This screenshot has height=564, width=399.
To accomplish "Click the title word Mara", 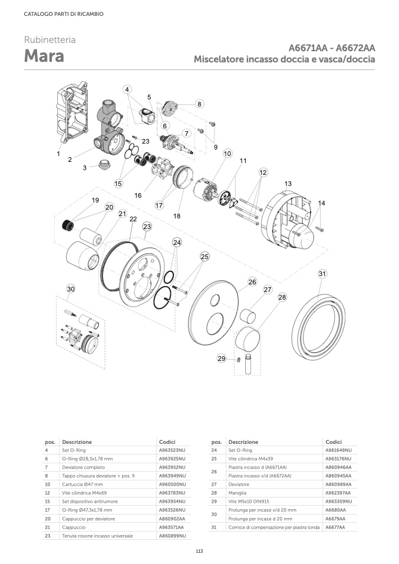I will pyautogui.click(x=44, y=57).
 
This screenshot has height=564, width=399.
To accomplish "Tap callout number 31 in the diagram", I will pyautogui.click(x=322, y=274).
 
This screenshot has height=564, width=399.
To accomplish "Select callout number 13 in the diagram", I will pyautogui.click(x=288, y=184).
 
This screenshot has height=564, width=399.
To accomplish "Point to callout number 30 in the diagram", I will pyautogui.click(x=71, y=289).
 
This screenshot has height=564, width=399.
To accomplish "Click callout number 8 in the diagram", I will pyautogui.click(x=199, y=104).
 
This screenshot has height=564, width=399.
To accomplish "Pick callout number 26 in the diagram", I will pyautogui.click(x=252, y=282).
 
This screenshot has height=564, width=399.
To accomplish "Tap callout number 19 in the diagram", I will pyautogui.click(x=95, y=200).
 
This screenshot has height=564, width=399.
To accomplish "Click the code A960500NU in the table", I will pyautogui.click(x=172, y=484).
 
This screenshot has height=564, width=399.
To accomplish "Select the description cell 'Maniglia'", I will pyautogui.click(x=238, y=492).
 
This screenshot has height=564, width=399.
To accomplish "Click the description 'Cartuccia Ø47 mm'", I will pyautogui.click(x=82, y=484).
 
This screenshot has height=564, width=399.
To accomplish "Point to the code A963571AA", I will pyautogui.click(x=172, y=527).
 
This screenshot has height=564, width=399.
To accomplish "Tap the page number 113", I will pyautogui.click(x=199, y=551).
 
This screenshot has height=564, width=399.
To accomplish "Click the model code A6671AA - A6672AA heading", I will pyautogui.click(x=332, y=48).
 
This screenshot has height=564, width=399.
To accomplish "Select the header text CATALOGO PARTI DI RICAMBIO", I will pyautogui.click(x=64, y=14).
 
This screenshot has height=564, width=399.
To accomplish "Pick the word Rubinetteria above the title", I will pyautogui.click(x=50, y=40).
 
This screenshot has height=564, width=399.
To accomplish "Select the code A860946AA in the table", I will pyautogui.click(x=338, y=467).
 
